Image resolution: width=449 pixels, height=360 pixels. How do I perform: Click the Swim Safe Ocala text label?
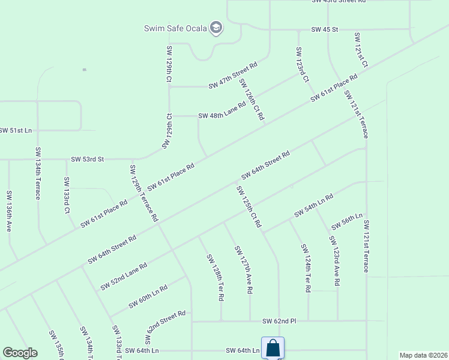tap(175, 28)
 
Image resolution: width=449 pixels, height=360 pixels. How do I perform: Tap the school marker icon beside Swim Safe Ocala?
tap(216, 28)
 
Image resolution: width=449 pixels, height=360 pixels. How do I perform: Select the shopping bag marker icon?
tap(273, 348)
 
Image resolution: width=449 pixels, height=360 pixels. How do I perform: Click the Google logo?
tap(20, 353)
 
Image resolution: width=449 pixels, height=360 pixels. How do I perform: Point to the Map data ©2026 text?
tap(424, 355)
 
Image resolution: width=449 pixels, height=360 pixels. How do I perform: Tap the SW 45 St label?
tap(325, 29)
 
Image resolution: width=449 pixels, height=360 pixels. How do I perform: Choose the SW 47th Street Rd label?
tap(233, 75)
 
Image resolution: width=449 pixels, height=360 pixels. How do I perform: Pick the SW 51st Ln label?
tap(16, 130)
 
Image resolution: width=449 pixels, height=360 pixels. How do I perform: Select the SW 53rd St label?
tap(88, 159)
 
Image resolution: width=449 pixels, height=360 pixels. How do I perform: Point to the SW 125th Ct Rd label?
tap(249, 206)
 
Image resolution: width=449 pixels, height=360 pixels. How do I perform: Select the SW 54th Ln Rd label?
tap(313, 205)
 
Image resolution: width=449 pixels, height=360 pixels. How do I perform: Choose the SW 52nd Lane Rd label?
tap(124, 276)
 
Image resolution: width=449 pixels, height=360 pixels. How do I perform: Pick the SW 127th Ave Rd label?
tap(243, 269)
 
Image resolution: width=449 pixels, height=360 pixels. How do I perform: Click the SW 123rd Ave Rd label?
tap(335, 260)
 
